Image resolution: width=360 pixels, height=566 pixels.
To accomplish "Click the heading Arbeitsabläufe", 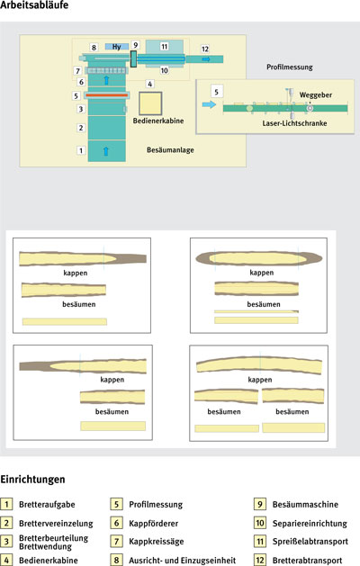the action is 34,5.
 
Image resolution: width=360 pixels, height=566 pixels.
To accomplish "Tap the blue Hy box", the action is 117,47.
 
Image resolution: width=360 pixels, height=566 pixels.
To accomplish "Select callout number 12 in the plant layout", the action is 204,49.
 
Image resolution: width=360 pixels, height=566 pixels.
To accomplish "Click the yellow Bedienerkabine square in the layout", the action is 150,103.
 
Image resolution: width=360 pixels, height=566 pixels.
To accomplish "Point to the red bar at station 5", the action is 106,95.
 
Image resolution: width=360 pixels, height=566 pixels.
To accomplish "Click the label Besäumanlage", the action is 170,149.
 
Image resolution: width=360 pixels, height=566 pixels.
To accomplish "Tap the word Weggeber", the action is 316,95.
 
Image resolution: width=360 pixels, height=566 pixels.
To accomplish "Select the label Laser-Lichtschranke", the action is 294,123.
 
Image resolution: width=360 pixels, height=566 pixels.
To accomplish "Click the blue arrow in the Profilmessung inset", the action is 209,104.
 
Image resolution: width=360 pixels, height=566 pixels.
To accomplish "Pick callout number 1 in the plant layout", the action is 81,150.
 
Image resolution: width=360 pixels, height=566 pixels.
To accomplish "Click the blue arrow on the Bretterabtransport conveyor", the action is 206,59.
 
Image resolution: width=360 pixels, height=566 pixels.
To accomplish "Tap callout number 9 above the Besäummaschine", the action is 135,45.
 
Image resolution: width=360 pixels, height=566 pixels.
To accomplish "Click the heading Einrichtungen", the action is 33,480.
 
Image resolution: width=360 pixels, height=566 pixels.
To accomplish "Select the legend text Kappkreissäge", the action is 157,542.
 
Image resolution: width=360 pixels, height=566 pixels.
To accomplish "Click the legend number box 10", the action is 260,523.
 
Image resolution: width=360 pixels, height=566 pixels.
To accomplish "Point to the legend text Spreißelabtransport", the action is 310,542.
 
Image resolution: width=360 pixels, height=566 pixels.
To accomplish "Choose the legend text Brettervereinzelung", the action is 56,524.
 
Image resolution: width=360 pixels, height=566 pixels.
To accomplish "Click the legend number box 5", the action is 116,504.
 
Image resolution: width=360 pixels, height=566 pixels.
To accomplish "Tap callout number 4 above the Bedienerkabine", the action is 149,84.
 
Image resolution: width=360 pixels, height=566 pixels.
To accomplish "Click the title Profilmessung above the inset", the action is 290,67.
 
